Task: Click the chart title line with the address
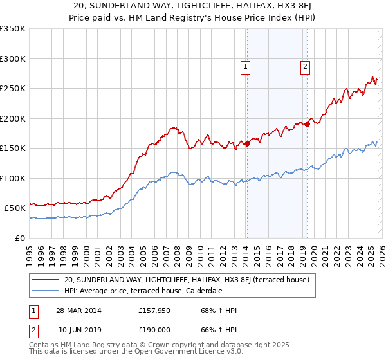tap(193, 6)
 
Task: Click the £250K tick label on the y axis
tap(13, 89)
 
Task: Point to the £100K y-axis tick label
tap(13, 178)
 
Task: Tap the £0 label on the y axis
tap(19, 238)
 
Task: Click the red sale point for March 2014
tap(247, 143)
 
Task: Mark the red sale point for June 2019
tap(307, 124)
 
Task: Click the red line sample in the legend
tap(45, 280)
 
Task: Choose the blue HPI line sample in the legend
tap(45, 290)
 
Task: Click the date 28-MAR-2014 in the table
tap(80, 310)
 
